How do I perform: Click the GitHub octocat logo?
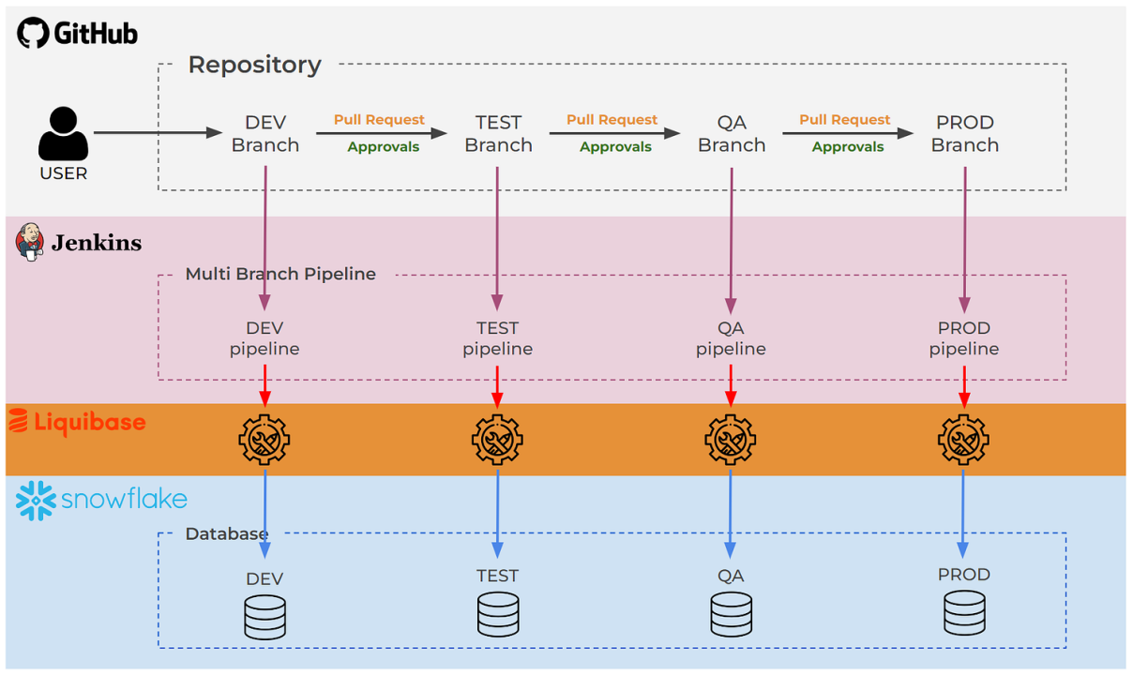(x=33, y=33)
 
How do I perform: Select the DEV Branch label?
(x=265, y=133)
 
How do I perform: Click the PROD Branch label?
(x=964, y=133)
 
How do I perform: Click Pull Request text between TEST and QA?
(x=612, y=120)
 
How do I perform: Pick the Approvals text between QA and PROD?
(x=848, y=146)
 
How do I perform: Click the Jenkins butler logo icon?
(x=30, y=242)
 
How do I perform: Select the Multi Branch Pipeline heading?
(x=280, y=274)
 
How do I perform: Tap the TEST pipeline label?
(x=497, y=338)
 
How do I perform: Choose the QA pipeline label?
(x=731, y=338)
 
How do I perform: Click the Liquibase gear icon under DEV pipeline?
(x=264, y=439)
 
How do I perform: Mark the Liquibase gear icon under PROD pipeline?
(x=963, y=439)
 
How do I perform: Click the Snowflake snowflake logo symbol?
(x=37, y=500)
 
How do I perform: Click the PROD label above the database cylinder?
(x=963, y=574)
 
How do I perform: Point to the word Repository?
(x=254, y=65)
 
